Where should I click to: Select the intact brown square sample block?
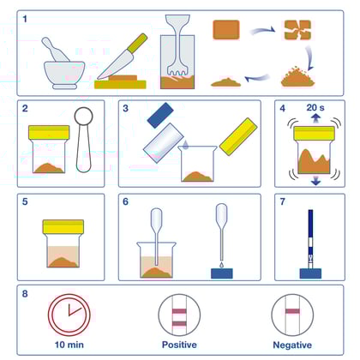click(226, 29)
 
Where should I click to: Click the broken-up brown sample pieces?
click(297, 30)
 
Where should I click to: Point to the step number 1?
click(25, 19)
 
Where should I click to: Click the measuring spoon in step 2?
click(84, 140)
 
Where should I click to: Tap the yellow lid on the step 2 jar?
click(49, 132)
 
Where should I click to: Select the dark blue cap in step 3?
click(160, 115)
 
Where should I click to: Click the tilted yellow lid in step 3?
click(238, 136)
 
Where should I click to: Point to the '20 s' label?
click(315, 108)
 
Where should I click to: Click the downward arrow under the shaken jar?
click(315, 181)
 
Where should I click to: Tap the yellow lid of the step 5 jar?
click(63, 227)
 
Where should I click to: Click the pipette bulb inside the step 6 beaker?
click(156, 217)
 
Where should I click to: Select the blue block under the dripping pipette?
click(222, 273)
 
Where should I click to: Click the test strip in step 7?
click(310, 239)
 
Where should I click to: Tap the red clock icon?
click(69, 315)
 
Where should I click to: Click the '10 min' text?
click(69, 345)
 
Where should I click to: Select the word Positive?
click(179, 345)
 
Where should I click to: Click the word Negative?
click(292, 345)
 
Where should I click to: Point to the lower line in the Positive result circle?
click(179, 324)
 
